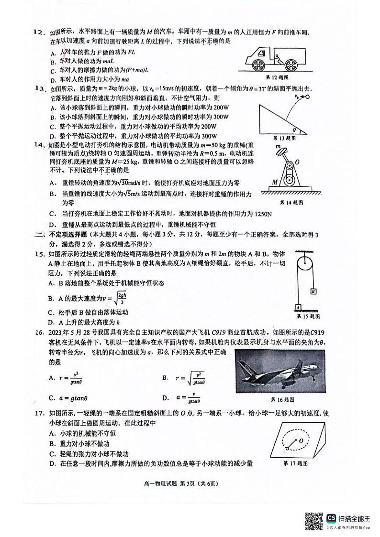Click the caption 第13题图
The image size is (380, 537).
click(283, 138)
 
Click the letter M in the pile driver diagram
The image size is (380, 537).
click(275, 182)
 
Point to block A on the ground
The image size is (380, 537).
click(297, 307)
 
